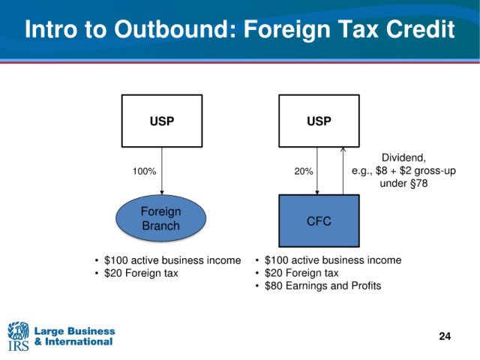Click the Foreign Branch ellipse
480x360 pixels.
[160, 218]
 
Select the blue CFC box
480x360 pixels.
[319, 220]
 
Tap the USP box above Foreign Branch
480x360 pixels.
[162, 121]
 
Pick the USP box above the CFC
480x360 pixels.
[319, 121]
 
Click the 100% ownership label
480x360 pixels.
[145, 171]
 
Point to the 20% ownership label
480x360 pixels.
[304, 171]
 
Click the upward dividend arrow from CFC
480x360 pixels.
[343, 171]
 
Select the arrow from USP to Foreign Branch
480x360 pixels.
[162, 171]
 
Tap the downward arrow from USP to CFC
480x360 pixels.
[317, 171]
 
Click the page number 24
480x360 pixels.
[445, 336]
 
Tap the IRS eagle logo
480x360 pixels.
[18, 336]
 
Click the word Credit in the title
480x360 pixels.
[420, 29]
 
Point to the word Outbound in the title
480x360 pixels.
[175, 29]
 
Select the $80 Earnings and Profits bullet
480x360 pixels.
[322, 286]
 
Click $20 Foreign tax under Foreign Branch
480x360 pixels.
[141, 273]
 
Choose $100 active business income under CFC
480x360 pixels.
[333, 260]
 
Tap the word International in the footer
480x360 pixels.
[79, 341]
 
